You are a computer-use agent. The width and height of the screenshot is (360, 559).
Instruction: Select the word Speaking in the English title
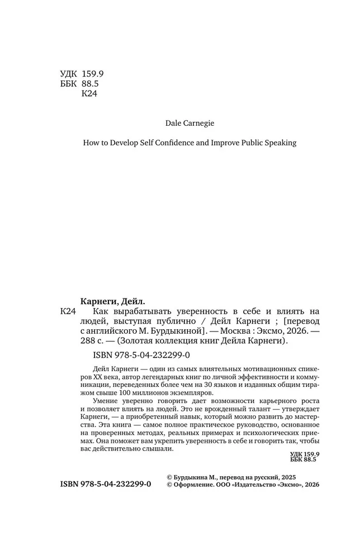coord(277,143)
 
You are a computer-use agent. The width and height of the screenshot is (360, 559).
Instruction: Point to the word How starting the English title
coord(91,143)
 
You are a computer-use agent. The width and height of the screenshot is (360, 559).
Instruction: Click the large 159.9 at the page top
coord(97,74)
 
